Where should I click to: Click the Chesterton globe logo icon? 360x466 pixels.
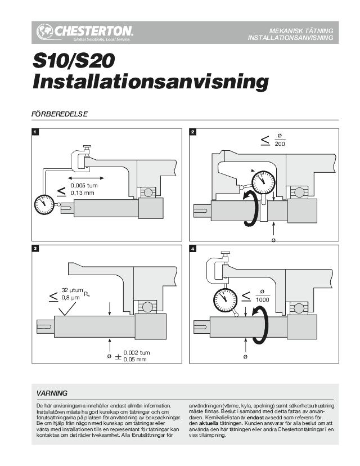tap(44, 32)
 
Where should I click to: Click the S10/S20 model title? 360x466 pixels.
tap(73, 61)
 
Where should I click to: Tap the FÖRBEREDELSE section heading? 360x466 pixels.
tap(60, 114)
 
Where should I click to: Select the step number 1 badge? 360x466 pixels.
tap(35, 132)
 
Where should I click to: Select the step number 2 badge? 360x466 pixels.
tap(193, 132)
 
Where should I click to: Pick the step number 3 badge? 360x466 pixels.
tap(35, 248)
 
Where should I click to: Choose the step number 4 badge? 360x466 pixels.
tap(193, 248)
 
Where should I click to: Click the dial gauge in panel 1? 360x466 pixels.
tap(44, 204)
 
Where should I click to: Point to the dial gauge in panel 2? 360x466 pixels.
tap(263, 182)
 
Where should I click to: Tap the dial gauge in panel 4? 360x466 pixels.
tap(225, 299)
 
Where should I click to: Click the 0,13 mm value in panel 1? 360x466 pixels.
tap(82, 193)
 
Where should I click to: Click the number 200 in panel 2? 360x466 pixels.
tap(280, 144)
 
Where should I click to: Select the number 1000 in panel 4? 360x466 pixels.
tap(263, 299)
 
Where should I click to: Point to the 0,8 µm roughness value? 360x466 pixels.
tap(70, 297)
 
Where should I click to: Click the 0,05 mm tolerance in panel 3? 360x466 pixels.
tap(135, 360)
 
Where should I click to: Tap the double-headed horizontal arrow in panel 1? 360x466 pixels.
tap(86, 178)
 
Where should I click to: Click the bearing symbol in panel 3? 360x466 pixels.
tap(146, 306)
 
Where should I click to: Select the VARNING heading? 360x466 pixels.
tap(52, 393)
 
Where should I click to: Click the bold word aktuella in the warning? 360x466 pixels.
tap(209, 423)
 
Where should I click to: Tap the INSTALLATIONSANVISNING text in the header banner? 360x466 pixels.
tap(290, 38)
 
